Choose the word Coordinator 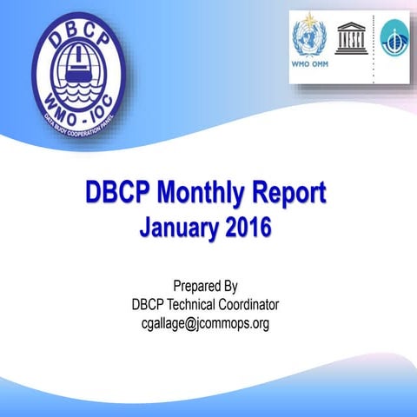pyautogui.click(x=249, y=305)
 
